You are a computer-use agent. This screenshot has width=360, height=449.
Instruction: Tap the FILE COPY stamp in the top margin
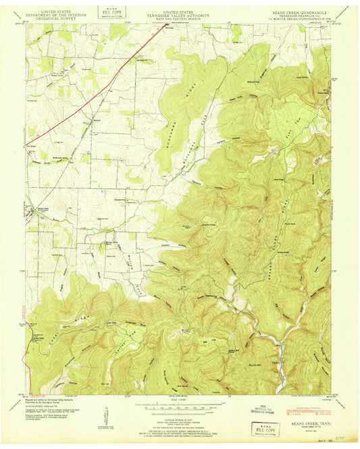(x=107, y=11)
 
